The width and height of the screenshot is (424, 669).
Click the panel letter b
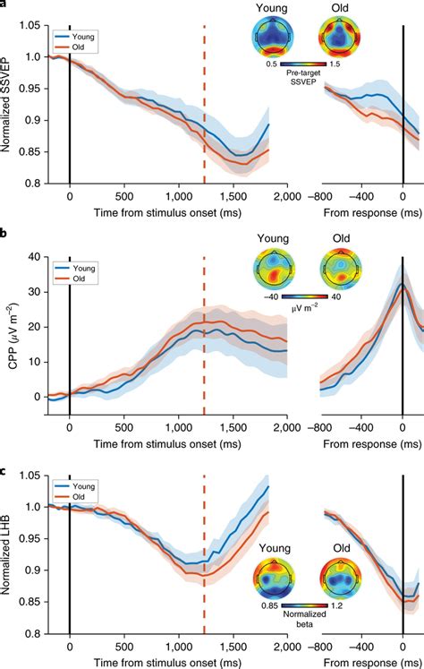5,234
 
